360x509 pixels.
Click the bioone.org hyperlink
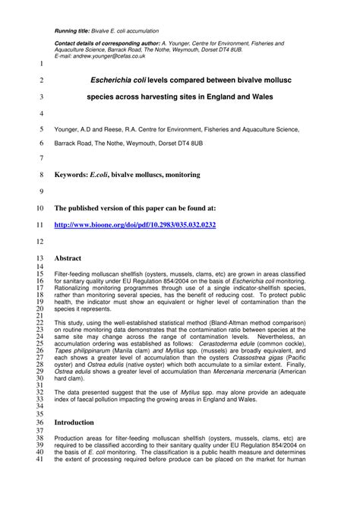pyautogui.click(x=135, y=225)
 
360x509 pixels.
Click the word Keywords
pyautogui.click(x=71, y=174)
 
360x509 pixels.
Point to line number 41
pyautogui.click(x=41, y=460)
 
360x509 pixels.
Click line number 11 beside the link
pyautogui.click(x=41, y=225)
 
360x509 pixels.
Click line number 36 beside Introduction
pyautogui.click(x=41, y=422)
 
